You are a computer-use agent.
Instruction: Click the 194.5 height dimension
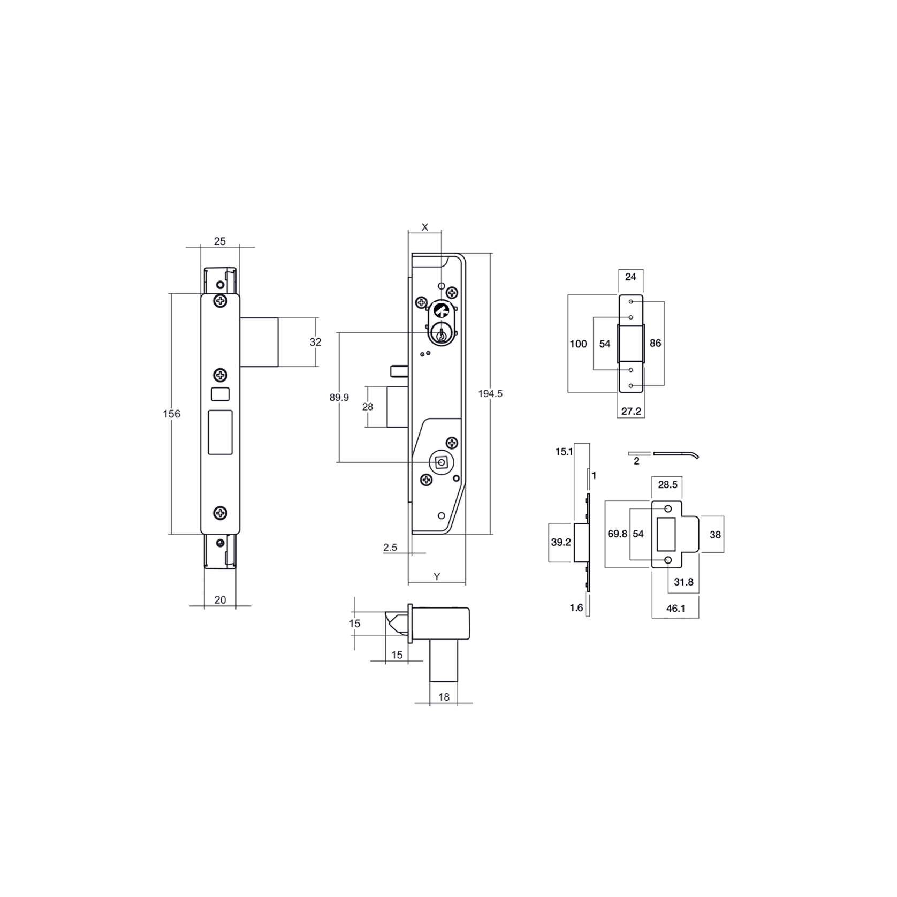click(490, 394)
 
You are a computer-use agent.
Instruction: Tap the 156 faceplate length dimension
click(171, 414)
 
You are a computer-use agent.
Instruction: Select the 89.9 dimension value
click(339, 397)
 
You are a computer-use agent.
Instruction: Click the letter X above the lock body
click(425, 227)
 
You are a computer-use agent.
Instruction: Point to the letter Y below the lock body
click(437, 576)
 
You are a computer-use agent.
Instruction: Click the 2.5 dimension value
click(390, 547)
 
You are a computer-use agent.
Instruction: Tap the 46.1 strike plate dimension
click(675, 608)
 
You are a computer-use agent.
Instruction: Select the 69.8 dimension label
click(617, 534)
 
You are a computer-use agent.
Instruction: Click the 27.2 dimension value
click(631, 411)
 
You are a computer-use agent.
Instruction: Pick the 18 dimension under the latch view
click(444, 696)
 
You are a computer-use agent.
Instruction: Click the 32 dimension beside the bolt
click(315, 342)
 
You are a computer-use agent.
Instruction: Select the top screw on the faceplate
click(220, 301)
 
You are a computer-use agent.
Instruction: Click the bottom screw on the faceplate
click(220, 513)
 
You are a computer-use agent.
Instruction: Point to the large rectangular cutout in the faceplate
click(220, 432)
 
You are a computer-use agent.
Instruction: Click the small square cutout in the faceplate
click(221, 394)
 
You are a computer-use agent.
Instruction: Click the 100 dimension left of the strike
click(578, 344)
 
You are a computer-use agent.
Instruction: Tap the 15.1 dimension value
click(564, 452)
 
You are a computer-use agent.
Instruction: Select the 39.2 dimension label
click(561, 542)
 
